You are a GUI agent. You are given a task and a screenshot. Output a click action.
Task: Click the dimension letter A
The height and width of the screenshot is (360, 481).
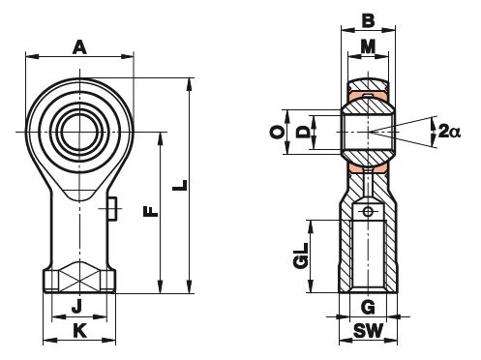(79, 47)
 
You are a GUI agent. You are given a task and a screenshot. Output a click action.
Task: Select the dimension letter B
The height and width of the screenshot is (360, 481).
(368, 20)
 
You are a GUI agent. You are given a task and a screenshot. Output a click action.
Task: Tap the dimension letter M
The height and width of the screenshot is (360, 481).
(368, 46)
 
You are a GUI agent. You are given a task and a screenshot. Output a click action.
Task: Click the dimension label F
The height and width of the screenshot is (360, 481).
(151, 212)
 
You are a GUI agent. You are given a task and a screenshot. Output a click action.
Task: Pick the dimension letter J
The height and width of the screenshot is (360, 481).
(76, 306)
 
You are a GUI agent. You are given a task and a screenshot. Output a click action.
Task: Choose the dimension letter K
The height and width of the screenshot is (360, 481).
(79, 331)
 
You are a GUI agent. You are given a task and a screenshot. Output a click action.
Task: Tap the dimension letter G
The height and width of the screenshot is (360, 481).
(368, 307)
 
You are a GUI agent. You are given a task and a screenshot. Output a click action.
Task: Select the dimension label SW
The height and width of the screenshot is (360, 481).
(368, 331)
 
